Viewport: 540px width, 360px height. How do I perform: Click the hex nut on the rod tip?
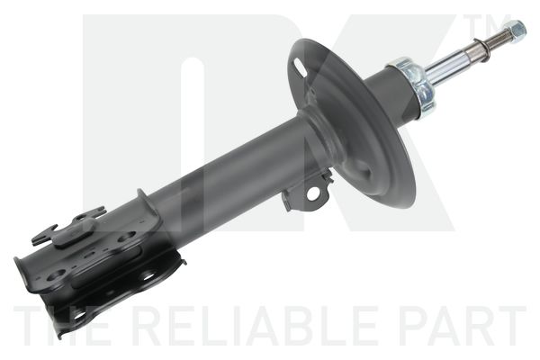click(516, 28)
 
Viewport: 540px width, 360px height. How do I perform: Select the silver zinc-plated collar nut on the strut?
click(413, 86)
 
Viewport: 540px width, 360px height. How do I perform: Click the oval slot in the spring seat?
click(301, 67)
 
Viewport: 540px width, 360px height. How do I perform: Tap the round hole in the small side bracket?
click(313, 193)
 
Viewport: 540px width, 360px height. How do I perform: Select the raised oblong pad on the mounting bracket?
click(75, 231)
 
